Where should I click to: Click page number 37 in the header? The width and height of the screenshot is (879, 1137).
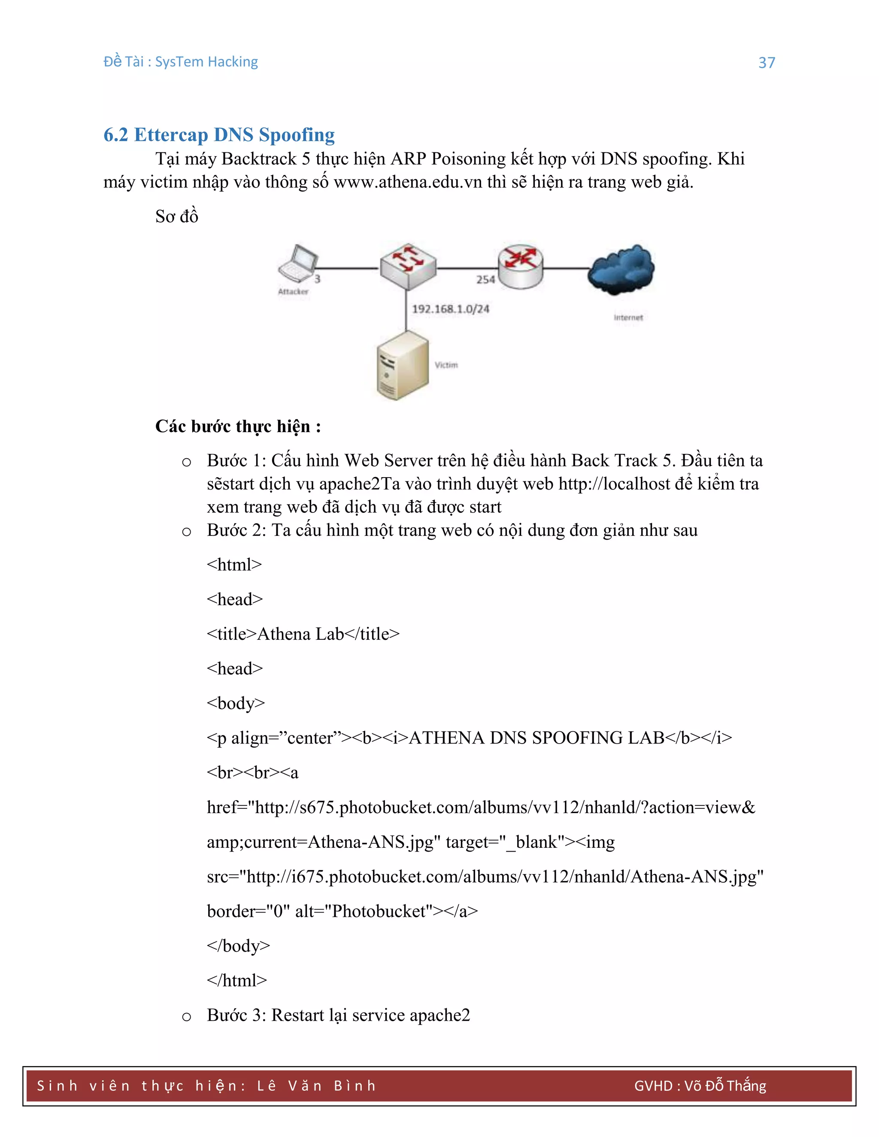point(767,63)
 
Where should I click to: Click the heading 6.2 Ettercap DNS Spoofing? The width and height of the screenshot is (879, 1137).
point(219,135)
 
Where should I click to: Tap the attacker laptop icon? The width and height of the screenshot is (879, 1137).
point(297,263)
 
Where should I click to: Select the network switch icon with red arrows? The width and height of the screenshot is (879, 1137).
point(408,266)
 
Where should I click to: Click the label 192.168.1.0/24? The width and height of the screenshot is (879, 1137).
point(450,309)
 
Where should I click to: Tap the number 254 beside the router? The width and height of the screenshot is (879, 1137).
point(485,280)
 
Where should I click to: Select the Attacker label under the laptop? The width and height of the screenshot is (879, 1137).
point(293,291)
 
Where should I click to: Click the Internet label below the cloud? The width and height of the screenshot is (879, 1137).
point(628,318)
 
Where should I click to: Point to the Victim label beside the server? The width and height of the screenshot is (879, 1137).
point(446,365)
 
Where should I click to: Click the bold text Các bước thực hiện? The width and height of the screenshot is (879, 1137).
point(237,426)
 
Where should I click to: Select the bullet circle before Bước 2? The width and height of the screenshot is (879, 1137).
point(186,532)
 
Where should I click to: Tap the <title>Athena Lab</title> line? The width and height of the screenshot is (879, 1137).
point(303,634)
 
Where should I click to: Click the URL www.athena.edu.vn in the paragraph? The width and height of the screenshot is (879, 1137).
point(408,182)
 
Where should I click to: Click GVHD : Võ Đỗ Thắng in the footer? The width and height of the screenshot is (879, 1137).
point(700,1086)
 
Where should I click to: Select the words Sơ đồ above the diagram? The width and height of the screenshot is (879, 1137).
point(176,217)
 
